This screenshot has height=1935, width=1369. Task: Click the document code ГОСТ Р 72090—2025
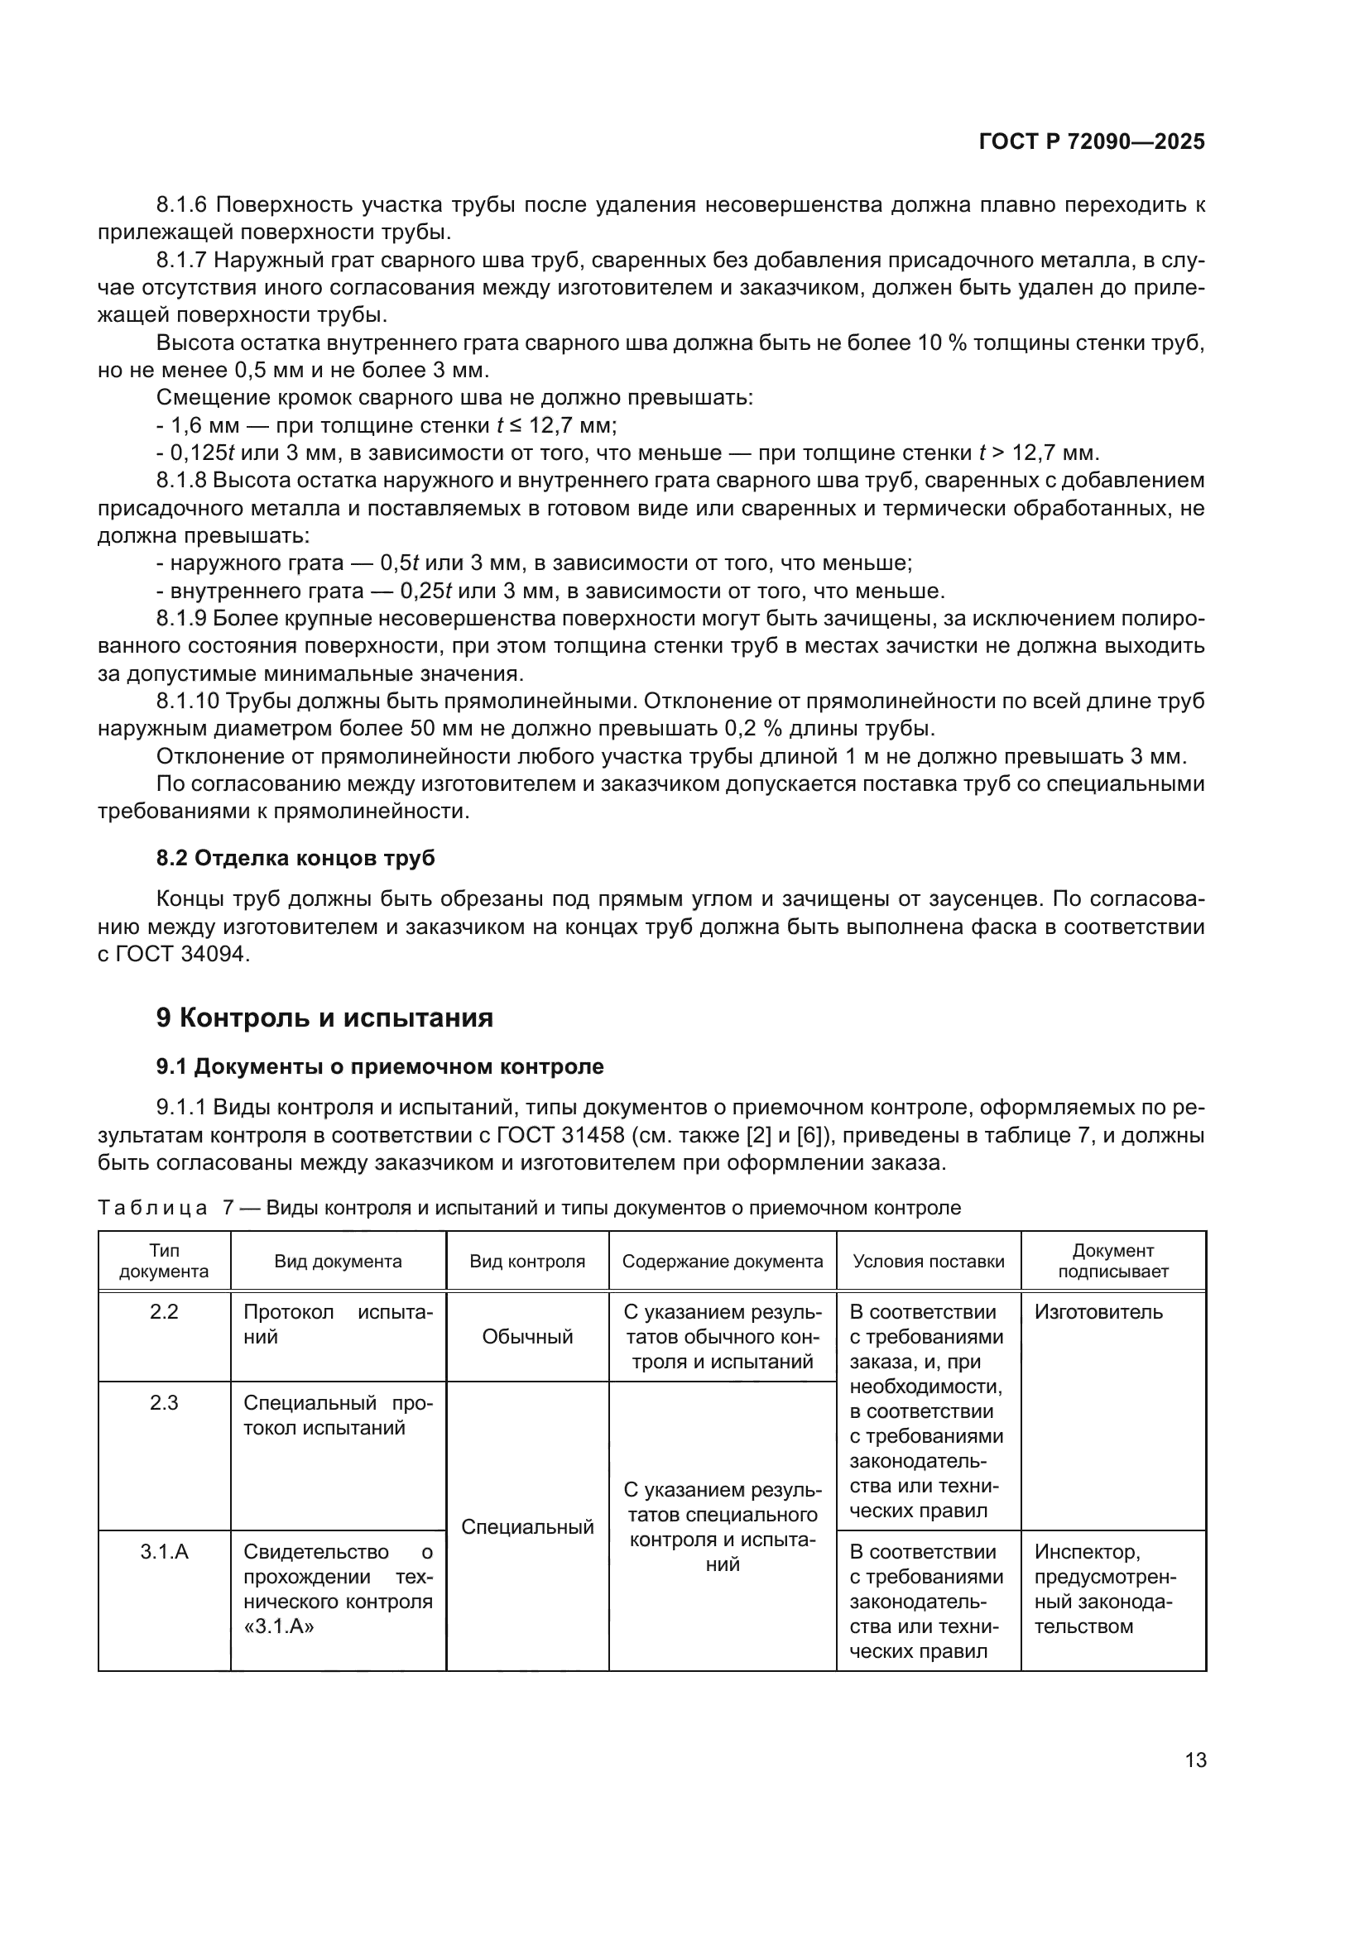pos(1091,141)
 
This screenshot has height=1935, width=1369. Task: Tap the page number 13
pos(1194,1760)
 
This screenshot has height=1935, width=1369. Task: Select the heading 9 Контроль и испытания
pos(324,1018)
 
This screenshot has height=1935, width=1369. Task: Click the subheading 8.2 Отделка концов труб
pos(295,858)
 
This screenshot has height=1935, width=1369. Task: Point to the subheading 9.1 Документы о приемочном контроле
pos(379,1067)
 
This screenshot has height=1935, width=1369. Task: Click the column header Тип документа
pos(164,1261)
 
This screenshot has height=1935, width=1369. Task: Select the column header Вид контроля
pos(527,1262)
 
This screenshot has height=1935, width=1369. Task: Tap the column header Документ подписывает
pos(1112,1261)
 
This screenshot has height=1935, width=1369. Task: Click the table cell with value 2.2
pos(164,1312)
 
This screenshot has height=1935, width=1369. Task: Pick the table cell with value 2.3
pos(164,1403)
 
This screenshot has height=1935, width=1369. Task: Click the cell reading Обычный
pos(527,1337)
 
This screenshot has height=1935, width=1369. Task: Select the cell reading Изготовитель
pos(1098,1312)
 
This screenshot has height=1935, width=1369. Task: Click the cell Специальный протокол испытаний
pos(337,1415)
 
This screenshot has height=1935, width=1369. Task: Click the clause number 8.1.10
pos(187,702)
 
